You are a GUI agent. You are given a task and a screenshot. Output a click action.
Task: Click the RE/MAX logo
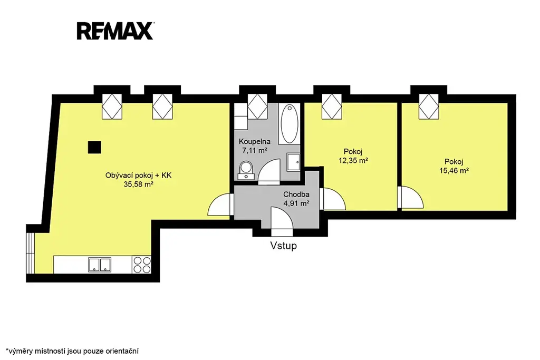click(115, 31)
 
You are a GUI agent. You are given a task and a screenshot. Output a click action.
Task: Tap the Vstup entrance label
click(283, 246)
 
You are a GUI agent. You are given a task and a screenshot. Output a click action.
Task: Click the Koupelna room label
click(255, 141)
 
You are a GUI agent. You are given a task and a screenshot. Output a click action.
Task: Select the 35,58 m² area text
click(138, 184)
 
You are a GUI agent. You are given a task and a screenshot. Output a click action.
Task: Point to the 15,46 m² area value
click(454, 170)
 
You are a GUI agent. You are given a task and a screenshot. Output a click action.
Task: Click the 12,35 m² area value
click(353, 160)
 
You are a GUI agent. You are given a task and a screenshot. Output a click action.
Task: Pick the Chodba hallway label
click(296, 194)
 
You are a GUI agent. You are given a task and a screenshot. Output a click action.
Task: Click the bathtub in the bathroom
click(290, 124)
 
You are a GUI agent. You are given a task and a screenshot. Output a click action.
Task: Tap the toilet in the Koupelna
click(246, 170)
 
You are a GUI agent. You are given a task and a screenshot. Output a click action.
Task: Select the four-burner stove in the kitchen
click(142, 265)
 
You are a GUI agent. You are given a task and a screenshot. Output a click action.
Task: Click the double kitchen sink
click(100, 265)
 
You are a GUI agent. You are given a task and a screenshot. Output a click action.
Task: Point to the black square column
click(94, 147)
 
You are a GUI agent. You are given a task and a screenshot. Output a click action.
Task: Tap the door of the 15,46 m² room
click(410, 197)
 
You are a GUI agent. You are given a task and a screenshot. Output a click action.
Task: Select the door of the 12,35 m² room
click(332, 199)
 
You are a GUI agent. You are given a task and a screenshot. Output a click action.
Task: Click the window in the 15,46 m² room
click(429, 106)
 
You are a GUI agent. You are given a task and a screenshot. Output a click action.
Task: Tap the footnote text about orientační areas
click(72, 351)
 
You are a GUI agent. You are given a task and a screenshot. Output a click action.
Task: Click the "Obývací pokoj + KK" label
click(138, 176)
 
